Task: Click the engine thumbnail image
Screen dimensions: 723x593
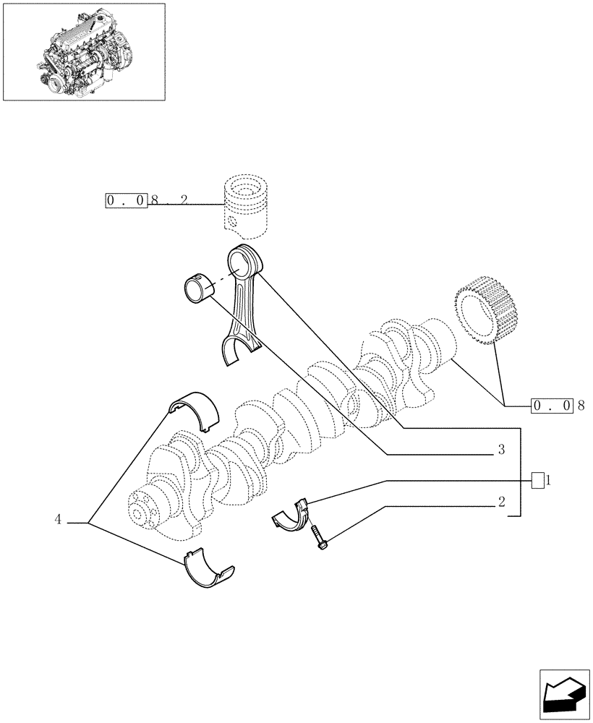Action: point(83,51)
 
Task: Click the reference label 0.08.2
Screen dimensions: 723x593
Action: point(148,200)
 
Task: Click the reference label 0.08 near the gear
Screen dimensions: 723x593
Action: point(553,406)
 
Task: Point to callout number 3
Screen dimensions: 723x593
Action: point(500,450)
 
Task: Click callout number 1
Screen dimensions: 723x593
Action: point(549,479)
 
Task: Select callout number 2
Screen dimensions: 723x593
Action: point(500,501)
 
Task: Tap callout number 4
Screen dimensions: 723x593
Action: point(58,518)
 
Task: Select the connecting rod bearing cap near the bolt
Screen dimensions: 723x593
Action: point(293,515)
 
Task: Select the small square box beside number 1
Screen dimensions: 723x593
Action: point(537,479)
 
